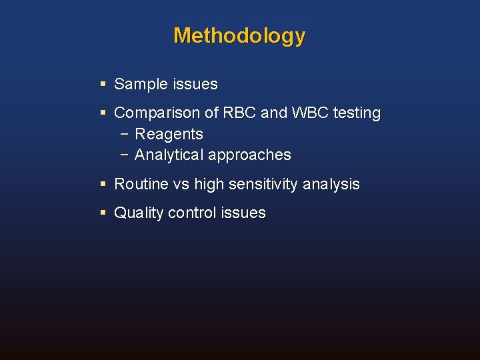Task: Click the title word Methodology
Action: [239, 35]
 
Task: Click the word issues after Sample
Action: [195, 85]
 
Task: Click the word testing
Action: [357, 114]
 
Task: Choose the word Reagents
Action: [169, 134]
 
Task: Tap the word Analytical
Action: [169, 155]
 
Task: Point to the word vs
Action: [181, 185]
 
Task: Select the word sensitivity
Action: [265, 185]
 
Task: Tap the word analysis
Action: [331, 185]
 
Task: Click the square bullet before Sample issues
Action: [103, 85]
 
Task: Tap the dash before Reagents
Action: [125, 134]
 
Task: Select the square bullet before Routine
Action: [103, 184]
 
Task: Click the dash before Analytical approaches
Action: [125, 155]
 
